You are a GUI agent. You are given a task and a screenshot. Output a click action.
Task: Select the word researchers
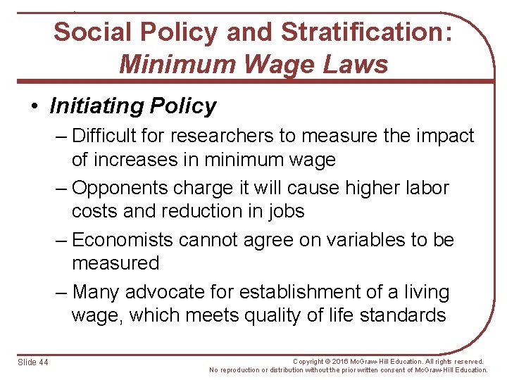[x=225, y=135]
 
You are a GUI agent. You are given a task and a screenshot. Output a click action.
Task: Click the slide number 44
[x=44, y=362]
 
